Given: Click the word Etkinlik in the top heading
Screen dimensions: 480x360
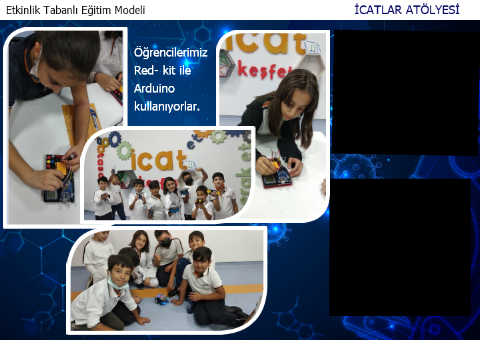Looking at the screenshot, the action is click(x=23, y=10).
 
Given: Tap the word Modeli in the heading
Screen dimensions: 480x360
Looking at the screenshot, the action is click(x=130, y=10).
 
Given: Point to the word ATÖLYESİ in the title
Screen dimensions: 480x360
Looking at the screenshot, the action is click(x=433, y=9).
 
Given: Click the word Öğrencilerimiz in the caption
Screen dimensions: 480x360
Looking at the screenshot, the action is click(x=171, y=53).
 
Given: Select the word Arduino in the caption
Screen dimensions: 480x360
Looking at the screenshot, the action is click(x=154, y=89).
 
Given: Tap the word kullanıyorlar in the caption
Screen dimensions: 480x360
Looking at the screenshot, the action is click(x=167, y=107).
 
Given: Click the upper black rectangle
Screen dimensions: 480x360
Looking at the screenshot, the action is click(x=406, y=92).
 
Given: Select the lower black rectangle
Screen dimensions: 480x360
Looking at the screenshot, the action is click(x=400, y=247).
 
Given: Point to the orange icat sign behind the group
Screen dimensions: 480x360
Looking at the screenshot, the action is click(x=157, y=160).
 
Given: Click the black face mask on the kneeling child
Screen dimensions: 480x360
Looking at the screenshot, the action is click(x=165, y=243).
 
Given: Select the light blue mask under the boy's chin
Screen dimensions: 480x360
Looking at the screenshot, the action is click(x=117, y=284).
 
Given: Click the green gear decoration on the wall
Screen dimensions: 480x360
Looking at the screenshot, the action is click(x=125, y=151).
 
